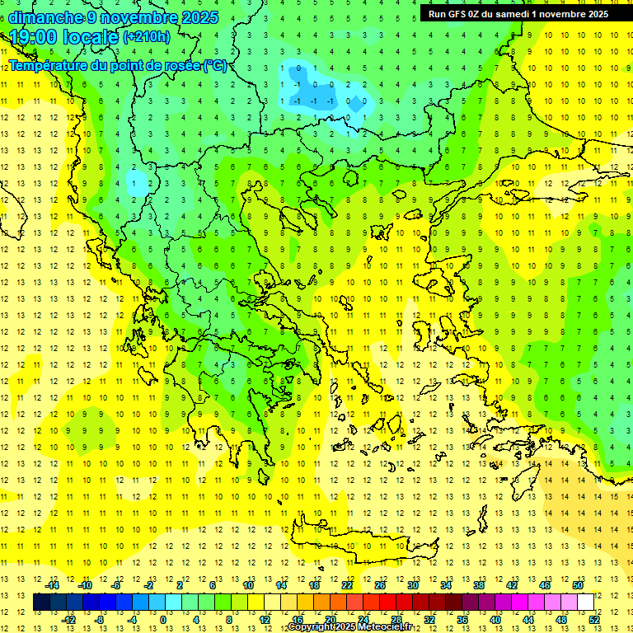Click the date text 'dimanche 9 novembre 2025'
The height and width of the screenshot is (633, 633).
(114, 17)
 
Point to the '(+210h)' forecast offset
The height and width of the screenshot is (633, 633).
(146, 37)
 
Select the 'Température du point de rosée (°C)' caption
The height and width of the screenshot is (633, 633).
(117, 65)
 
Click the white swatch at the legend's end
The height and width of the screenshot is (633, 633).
(585, 602)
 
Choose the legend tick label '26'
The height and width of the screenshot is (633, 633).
(381, 585)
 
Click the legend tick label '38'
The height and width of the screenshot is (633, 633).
(479, 585)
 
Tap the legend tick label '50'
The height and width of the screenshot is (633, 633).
(578, 585)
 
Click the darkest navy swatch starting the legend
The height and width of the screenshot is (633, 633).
(41, 602)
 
